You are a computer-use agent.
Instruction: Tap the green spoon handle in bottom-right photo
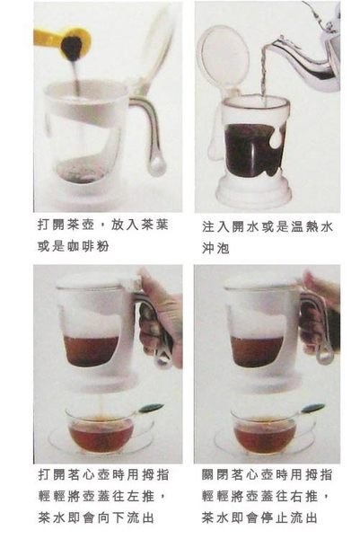tap(313, 409)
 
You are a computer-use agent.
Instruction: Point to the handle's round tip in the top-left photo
tap(156, 169)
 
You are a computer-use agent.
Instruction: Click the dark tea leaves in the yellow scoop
tap(72, 46)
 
